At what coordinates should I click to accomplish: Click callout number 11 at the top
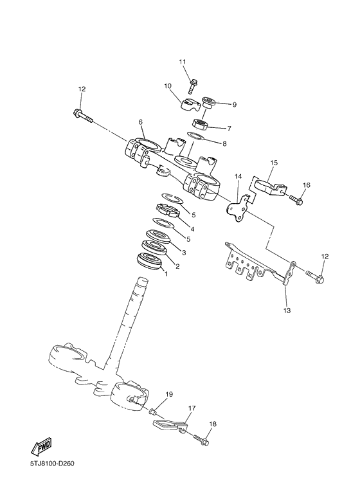[x=182, y=62]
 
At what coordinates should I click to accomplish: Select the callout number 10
[x=167, y=86]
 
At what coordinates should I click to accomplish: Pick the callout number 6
[x=140, y=121]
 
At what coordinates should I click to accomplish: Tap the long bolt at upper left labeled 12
[x=83, y=116]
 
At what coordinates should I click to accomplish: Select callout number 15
[x=273, y=163]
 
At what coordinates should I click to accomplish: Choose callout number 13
[x=287, y=311]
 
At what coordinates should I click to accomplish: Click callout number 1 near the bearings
[x=166, y=274]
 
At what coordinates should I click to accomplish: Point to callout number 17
[x=192, y=408]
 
